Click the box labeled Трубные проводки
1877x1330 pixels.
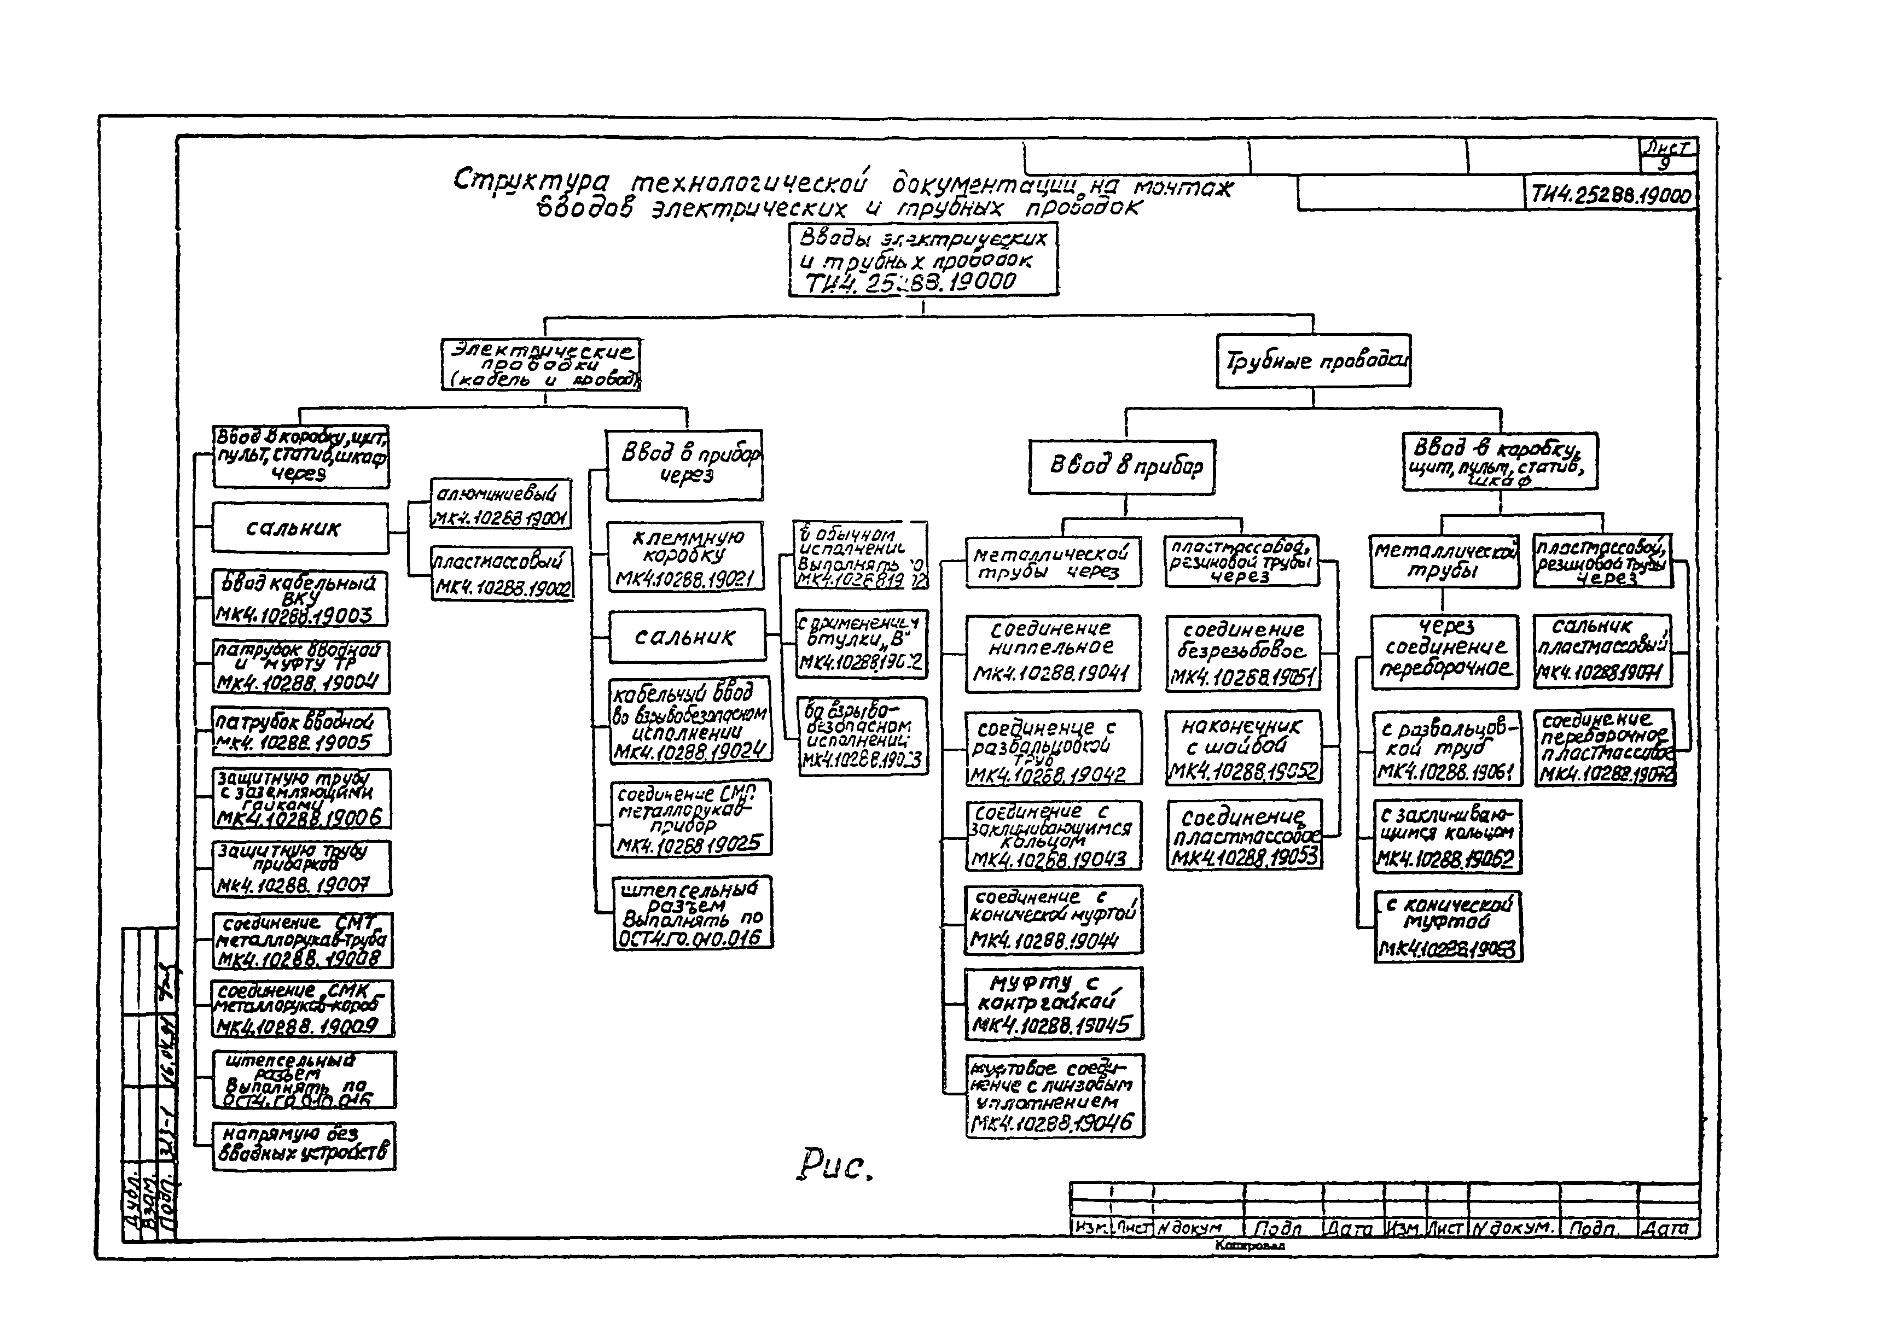pyautogui.click(x=1314, y=360)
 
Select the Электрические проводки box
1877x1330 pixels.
pyautogui.click(x=541, y=364)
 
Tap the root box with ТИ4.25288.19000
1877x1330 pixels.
pyautogui.click(x=923, y=260)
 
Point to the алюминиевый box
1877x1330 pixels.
pyautogui.click(x=501, y=504)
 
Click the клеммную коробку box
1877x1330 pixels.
pyautogui.click(x=685, y=556)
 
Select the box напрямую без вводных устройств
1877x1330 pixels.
pyautogui.click(x=303, y=1145)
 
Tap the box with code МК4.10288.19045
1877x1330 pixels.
pyautogui.click(x=1054, y=1003)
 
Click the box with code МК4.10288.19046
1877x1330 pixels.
pyautogui.click(x=1055, y=1095)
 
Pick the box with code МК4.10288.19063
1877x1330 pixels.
pyautogui.click(x=1448, y=926)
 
